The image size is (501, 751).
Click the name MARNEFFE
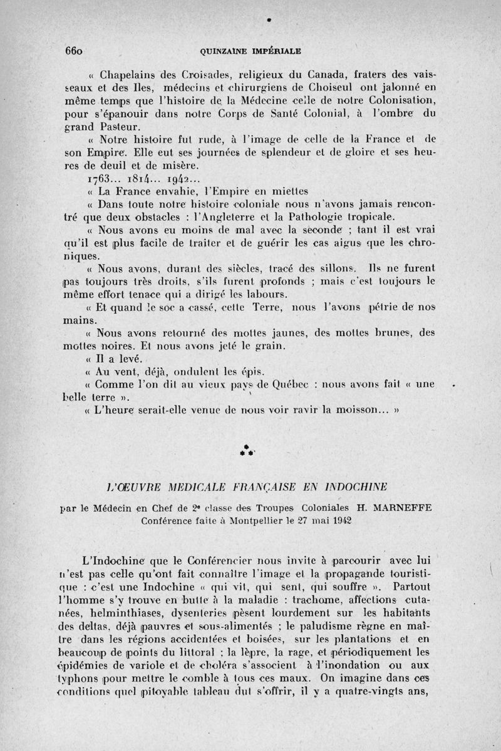pyautogui.click(x=401, y=508)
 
